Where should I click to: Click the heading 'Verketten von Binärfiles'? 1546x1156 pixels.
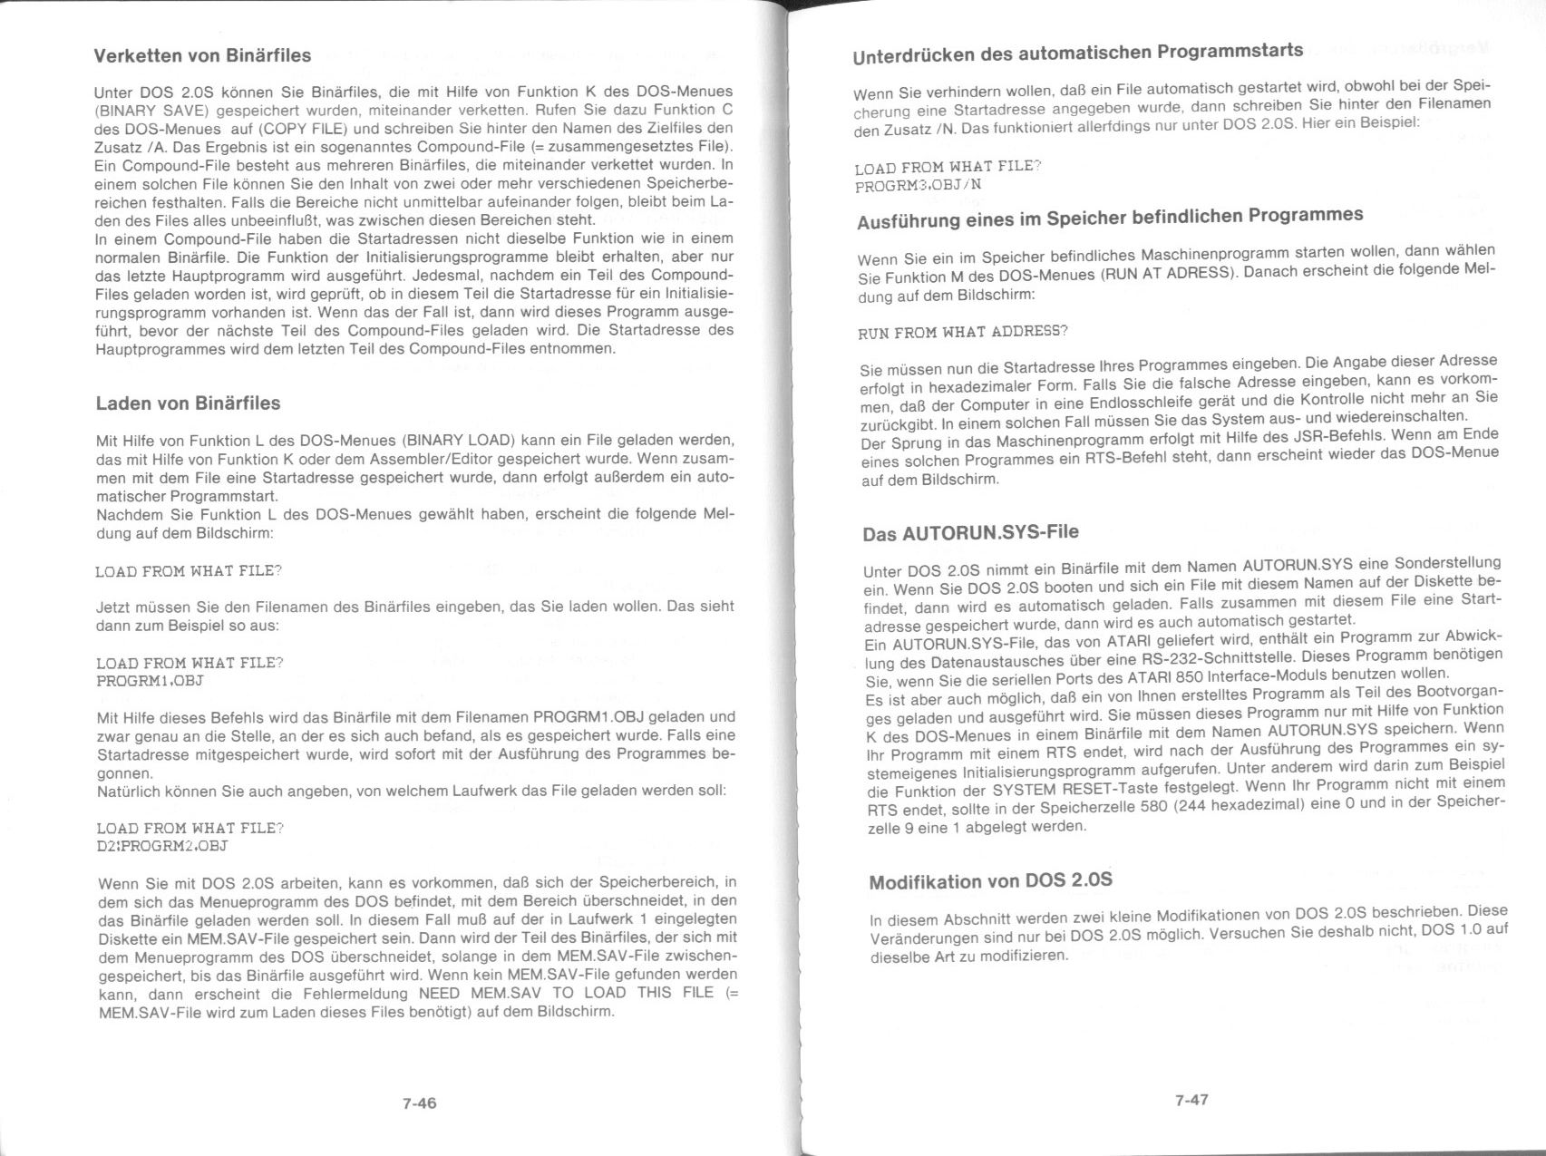pyautogui.click(x=202, y=55)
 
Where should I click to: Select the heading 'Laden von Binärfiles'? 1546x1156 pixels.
pyautogui.click(x=188, y=403)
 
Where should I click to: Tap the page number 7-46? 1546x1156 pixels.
pyautogui.click(x=420, y=1103)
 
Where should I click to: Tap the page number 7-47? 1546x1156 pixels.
pyautogui.click(x=1191, y=1100)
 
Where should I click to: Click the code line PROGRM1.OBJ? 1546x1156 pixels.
pyautogui.click(x=150, y=681)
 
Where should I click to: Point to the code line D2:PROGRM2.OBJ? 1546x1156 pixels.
pyautogui.click(x=161, y=846)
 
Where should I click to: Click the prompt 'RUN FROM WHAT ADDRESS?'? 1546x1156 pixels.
pyautogui.click(x=963, y=332)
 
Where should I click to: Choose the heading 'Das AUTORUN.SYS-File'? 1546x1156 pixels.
pyautogui.click(x=970, y=533)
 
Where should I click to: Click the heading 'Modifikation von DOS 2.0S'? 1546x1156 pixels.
pyautogui.click(x=990, y=880)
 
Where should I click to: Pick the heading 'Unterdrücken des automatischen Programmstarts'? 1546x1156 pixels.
pyautogui.click(x=1078, y=53)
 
